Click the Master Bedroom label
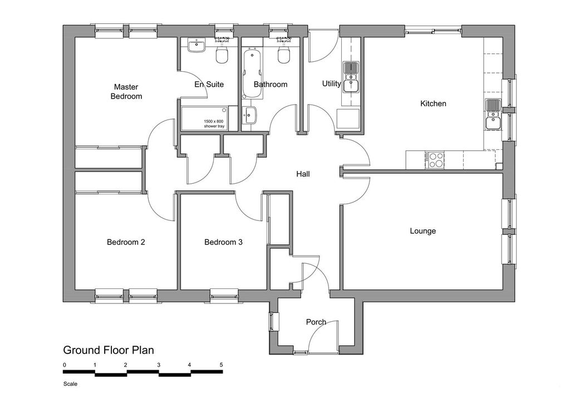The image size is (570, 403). pos(126,92)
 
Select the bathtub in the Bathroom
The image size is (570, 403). pos(252,74)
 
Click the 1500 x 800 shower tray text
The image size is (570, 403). pos(214,124)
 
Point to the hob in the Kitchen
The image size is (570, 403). pos(436,160)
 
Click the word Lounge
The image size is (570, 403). pos(423,231)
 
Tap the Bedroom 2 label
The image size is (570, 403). pos(126,242)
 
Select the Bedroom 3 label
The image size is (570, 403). pos(223,242)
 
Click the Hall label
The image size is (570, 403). pos(303,174)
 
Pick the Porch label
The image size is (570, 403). pos(316,322)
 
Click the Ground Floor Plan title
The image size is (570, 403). pos(109,350)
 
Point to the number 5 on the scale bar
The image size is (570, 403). pos(222,365)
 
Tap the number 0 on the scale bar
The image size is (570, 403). pos(65,365)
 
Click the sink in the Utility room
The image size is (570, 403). pos(351,77)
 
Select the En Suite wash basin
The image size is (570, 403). pos(197,46)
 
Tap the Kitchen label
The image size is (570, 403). pos(433,104)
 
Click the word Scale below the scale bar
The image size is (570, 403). pos(70,384)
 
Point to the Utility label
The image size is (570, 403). pos(332,83)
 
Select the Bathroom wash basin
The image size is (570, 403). pos(250,115)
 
